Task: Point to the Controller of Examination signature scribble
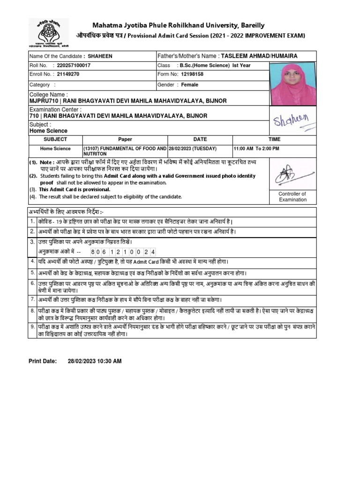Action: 291,175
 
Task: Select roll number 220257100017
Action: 74,66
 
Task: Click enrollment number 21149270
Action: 68,74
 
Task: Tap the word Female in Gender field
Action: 189,85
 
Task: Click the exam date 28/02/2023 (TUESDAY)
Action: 193,149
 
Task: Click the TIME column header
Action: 274,139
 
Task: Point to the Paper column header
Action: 125,139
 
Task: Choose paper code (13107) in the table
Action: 94,149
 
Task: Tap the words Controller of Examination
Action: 292,197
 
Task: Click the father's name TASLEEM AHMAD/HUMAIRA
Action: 259,56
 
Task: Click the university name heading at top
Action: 178,25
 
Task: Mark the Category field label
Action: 40,85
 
